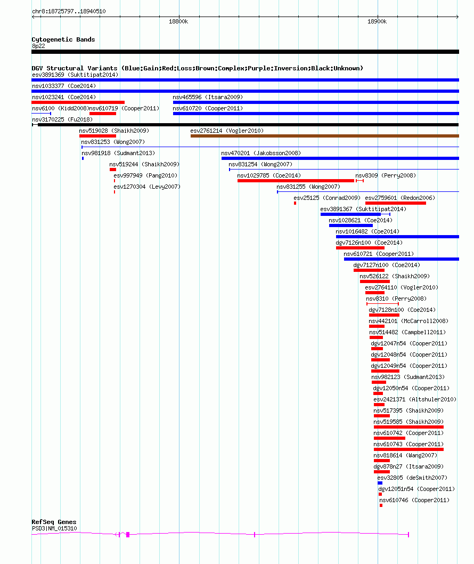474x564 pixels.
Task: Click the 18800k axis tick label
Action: [178, 21]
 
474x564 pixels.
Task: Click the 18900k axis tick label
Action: [377, 21]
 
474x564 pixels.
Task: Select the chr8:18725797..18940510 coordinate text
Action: [69, 12]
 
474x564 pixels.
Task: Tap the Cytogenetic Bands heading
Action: [63, 39]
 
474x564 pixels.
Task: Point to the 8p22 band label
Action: [38, 46]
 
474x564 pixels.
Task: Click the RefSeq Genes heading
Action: [54, 522]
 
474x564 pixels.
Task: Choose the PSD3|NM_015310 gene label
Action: [54, 528]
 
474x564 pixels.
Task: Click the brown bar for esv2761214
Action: [325, 136]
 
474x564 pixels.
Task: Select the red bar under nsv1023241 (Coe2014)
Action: [78, 102]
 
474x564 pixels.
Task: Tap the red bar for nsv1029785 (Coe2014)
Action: [296, 181]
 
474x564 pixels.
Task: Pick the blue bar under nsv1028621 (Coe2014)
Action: [351, 225]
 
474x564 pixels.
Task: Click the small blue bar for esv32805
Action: [380, 483]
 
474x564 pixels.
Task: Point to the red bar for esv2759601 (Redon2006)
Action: [396, 203]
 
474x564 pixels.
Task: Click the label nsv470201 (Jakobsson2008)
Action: [261, 153]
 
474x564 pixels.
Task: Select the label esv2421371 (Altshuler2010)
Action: [415, 400]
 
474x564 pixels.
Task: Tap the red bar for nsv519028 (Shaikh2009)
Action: [98, 136]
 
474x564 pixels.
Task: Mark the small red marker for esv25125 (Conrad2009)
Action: [295, 203]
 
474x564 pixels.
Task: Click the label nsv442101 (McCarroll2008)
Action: [408, 321]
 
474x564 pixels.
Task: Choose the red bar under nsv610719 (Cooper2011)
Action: [103, 114]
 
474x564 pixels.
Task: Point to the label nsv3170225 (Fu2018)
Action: [62, 119]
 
